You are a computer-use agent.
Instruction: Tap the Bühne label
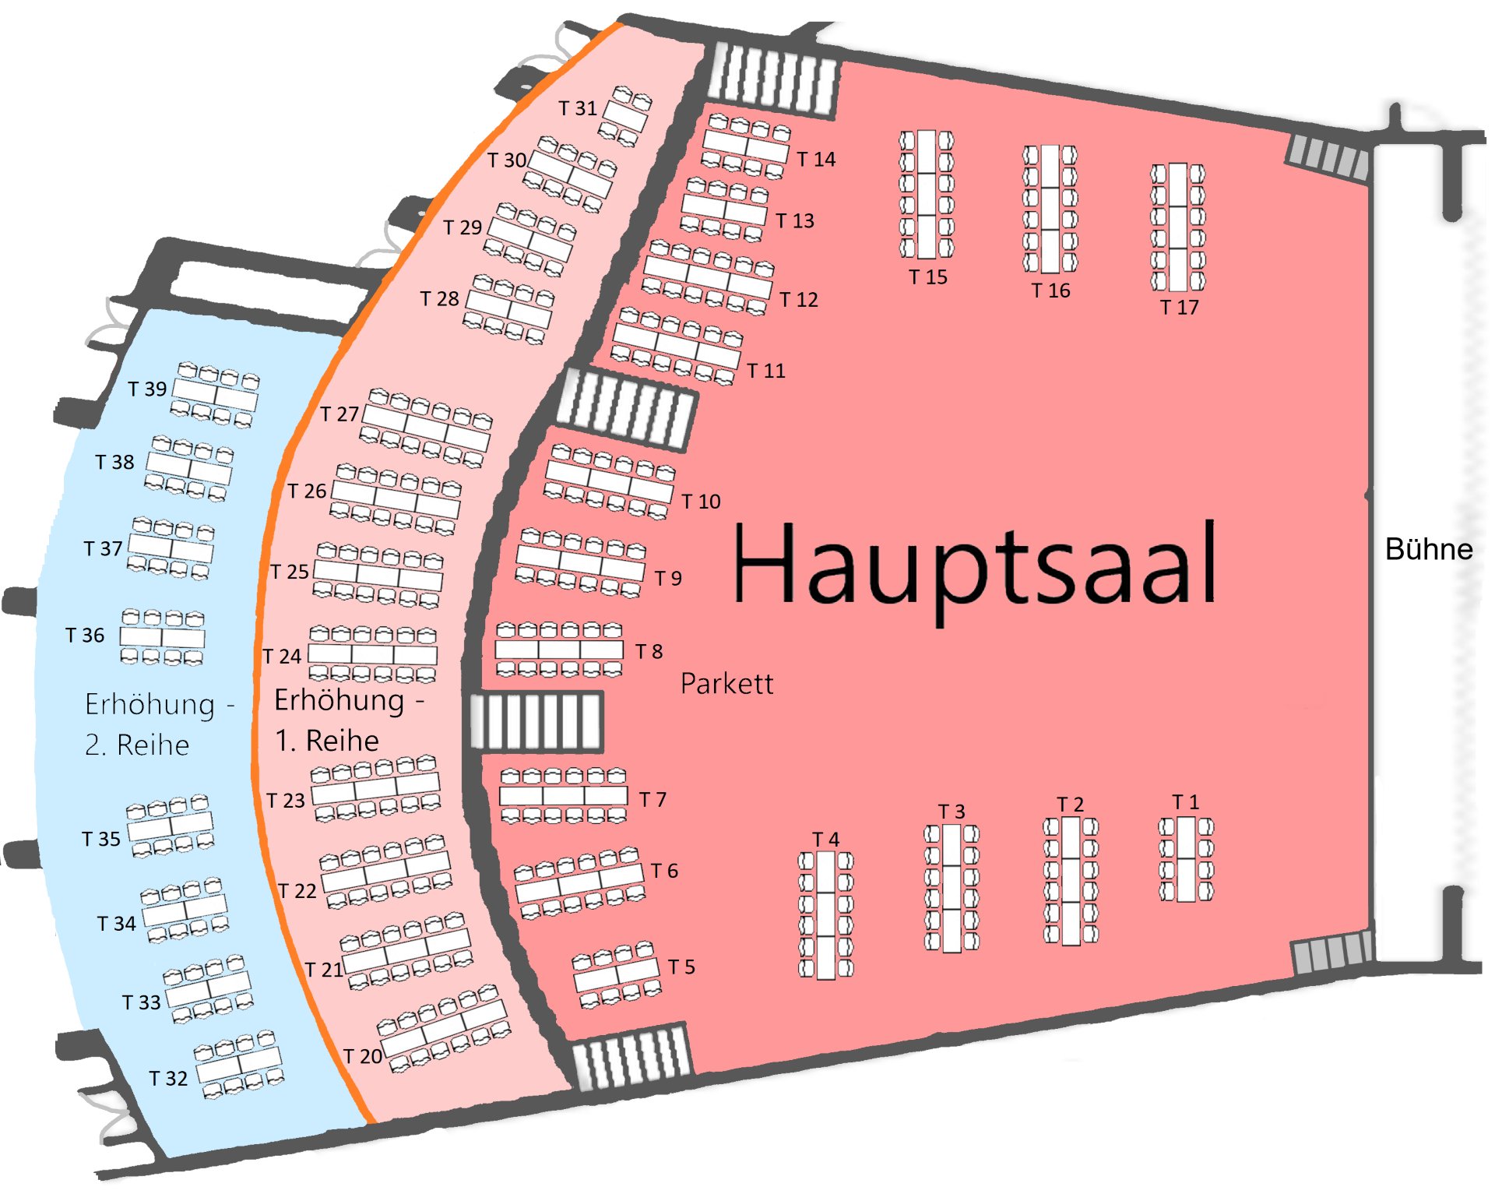(1429, 549)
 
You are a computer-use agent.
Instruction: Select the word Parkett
(726, 683)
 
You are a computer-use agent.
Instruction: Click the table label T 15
(928, 276)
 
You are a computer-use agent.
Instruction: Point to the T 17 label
(1179, 307)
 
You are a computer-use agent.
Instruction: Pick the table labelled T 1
(1186, 859)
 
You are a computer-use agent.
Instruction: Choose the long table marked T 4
(826, 914)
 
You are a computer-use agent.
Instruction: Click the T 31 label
(578, 108)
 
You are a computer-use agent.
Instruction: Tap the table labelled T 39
(216, 395)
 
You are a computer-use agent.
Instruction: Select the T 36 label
(85, 636)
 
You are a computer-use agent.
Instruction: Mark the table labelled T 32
(239, 1065)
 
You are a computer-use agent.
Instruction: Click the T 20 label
(363, 1056)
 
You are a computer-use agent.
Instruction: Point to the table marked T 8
(560, 649)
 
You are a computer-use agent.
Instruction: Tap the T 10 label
(701, 502)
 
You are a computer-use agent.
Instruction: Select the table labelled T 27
(427, 428)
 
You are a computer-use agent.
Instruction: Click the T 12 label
(799, 300)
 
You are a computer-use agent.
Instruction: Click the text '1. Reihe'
(327, 740)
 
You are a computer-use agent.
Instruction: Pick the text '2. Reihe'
(137, 745)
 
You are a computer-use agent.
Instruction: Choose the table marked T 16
(1050, 209)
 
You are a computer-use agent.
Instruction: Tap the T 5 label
(681, 967)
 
